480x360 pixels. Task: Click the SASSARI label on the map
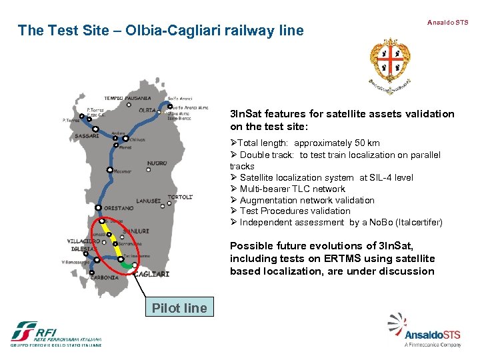87,135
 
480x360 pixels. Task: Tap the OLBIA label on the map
147,110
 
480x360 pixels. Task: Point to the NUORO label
157,163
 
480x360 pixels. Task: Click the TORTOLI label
179,197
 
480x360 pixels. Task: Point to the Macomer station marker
109,170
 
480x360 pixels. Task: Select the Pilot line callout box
179,307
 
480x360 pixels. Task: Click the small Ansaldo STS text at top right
447,22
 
